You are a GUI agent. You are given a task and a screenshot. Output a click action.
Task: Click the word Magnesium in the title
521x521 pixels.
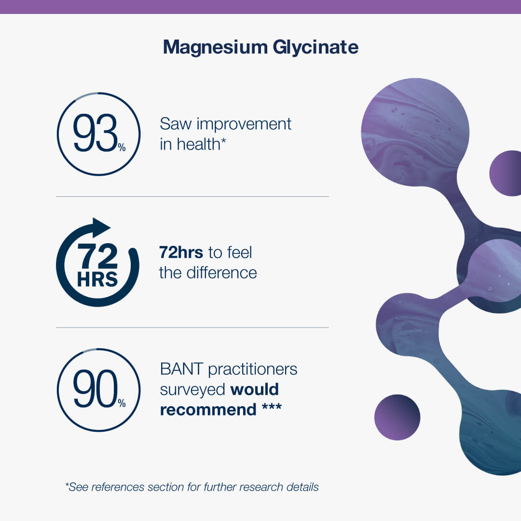(x=215, y=47)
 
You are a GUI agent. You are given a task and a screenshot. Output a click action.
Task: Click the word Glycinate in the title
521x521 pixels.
(x=315, y=47)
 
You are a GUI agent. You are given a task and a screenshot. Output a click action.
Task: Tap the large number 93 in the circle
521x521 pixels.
(x=95, y=133)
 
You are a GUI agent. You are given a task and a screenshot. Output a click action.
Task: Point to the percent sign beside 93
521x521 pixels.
(x=122, y=147)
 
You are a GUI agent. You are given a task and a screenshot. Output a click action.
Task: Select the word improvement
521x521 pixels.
(x=244, y=124)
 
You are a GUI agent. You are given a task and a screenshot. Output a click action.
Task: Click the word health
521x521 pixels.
(x=198, y=145)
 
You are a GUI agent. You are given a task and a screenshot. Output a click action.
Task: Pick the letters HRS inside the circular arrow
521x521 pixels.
(x=97, y=279)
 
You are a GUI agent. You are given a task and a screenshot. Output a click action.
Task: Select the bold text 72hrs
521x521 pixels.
(x=181, y=252)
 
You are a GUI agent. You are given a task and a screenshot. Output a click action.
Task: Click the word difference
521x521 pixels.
(x=221, y=273)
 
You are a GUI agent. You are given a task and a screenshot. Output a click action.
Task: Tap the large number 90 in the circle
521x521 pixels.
(x=96, y=389)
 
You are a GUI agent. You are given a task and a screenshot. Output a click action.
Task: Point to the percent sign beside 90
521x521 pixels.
(x=122, y=403)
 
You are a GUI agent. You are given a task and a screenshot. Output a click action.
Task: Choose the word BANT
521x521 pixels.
(x=181, y=369)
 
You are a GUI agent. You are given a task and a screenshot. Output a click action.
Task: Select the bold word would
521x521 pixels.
(x=255, y=389)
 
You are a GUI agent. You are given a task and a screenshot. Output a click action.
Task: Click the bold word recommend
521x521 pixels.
(x=208, y=410)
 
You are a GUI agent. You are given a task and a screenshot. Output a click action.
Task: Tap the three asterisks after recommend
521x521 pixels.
(x=272, y=407)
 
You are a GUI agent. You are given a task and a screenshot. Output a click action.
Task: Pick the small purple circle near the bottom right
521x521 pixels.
(x=397, y=417)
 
